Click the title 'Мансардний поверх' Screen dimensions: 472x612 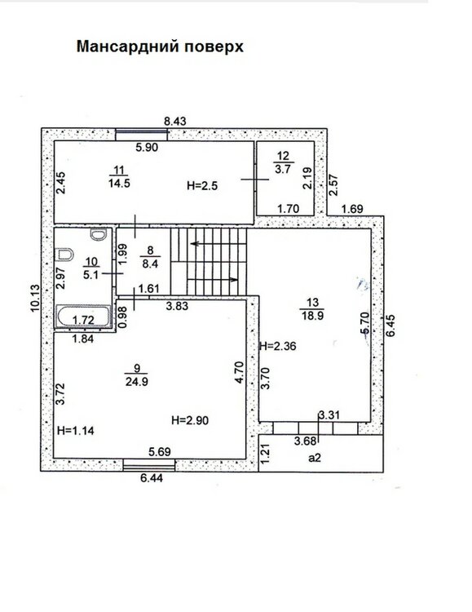coord(160,47)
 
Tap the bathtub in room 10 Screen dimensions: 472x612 coord(84,317)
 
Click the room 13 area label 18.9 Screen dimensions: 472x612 coord(312,316)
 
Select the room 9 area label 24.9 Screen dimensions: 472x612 coord(136,381)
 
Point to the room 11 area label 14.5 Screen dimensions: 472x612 coord(119,183)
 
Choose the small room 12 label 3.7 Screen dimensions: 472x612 coord(283,169)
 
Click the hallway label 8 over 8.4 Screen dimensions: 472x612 coord(150,257)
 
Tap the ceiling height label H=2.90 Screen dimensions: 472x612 coord(190,420)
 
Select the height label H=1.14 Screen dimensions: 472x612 coord(76,431)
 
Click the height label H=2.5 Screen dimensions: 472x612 coord(202,186)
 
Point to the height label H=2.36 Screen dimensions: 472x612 coord(278,346)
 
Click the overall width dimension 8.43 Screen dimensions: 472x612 coord(174,122)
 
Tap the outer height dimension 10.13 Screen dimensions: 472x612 coord(35,298)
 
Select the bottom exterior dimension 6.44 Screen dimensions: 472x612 coord(152,477)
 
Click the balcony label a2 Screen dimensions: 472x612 coord(315,458)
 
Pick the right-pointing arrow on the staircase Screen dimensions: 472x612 coord(213,279)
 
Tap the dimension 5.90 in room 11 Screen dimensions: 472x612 coord(147,147)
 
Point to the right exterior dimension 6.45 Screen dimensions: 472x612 coord(390,326)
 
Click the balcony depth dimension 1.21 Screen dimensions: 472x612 coord(265,454)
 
